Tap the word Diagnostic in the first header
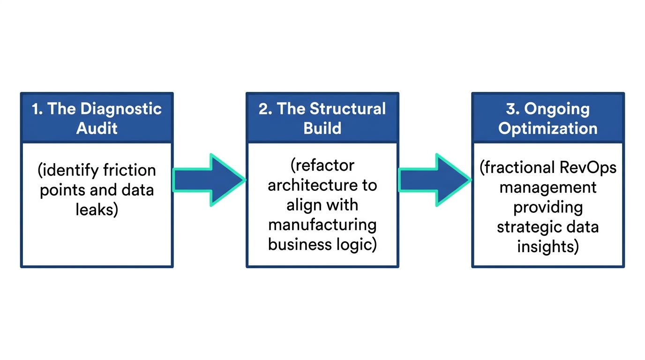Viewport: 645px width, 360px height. point(121,109)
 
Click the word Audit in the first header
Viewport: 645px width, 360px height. point(97,128)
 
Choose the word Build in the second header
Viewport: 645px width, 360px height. point(322,128)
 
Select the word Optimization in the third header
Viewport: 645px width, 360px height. point(547,128)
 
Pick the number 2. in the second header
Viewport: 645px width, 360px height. point(265,109)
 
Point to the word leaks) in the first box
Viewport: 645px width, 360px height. point(97,209)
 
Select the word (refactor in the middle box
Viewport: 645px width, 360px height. point(322,165)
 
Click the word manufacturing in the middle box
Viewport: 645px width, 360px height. point(322,225)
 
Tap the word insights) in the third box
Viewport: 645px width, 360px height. point(547,247)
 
